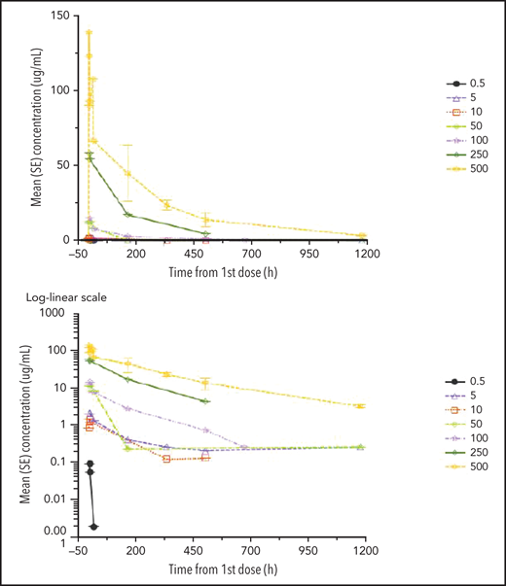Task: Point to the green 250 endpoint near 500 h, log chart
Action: click(205, 400)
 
